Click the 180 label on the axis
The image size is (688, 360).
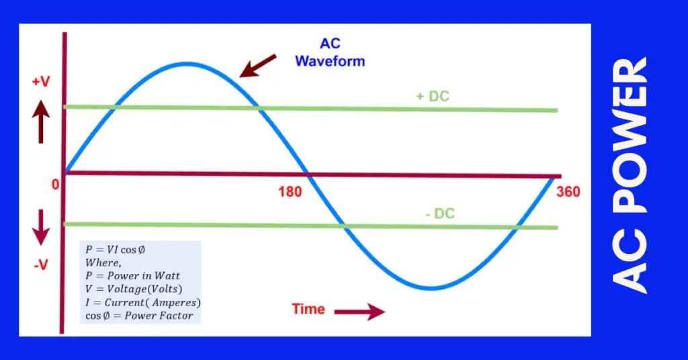[290, 191]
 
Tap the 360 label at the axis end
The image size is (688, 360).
[568, 192]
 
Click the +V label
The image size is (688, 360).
[40, 83]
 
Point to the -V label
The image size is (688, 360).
[40, 265]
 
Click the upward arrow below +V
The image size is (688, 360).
[41, 122]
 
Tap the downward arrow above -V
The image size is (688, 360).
[41, 227]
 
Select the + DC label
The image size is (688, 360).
[432, 97]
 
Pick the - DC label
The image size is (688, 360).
[440, 214]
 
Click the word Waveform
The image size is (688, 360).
[330, 61]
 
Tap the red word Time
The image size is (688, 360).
[308, 310]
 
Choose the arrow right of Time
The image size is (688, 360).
[359, 312]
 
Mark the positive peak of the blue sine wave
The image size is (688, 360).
[184, 64]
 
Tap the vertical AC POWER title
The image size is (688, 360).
[632, 176]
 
